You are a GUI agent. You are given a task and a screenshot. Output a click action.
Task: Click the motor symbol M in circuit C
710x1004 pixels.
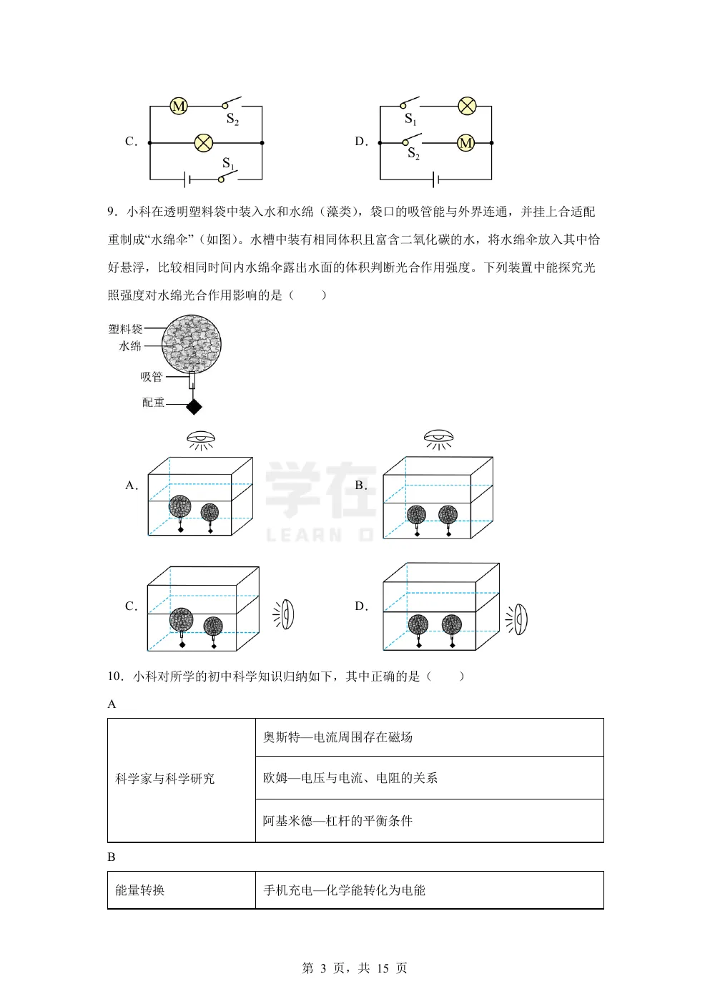[178, 107]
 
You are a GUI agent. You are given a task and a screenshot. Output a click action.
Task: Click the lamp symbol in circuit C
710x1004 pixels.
[204, 143]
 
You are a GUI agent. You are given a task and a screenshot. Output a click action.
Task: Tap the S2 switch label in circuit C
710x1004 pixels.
[232, 119]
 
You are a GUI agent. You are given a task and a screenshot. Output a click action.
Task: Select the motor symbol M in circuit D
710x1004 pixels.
[465, 143]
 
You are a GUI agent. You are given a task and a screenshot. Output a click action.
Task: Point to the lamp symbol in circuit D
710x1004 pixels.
[466, 107]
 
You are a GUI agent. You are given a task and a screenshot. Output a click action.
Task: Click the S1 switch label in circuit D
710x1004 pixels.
[410, 119]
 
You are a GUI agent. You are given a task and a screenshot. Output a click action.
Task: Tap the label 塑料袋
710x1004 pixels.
[125, 329]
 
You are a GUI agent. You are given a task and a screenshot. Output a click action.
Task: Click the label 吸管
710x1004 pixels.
[151, 377]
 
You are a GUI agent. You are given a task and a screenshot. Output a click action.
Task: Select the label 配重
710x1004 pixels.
[153, 403]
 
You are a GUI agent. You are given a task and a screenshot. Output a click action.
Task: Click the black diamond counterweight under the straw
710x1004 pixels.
[194, 406]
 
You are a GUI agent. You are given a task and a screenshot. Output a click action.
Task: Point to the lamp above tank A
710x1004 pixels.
[201, 438]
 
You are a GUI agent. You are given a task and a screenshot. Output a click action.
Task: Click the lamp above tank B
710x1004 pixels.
[438, 438]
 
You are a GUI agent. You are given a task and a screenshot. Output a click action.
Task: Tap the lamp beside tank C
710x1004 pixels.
[286, 614]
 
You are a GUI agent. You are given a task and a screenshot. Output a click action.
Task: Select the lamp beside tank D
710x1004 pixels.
[520, 619]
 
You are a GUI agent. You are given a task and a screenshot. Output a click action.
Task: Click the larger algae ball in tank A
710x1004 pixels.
[179, 507]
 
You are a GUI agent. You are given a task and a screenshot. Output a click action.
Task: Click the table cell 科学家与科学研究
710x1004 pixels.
[165, 779]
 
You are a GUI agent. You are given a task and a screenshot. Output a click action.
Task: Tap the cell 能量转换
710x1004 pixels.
[140, 890]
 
